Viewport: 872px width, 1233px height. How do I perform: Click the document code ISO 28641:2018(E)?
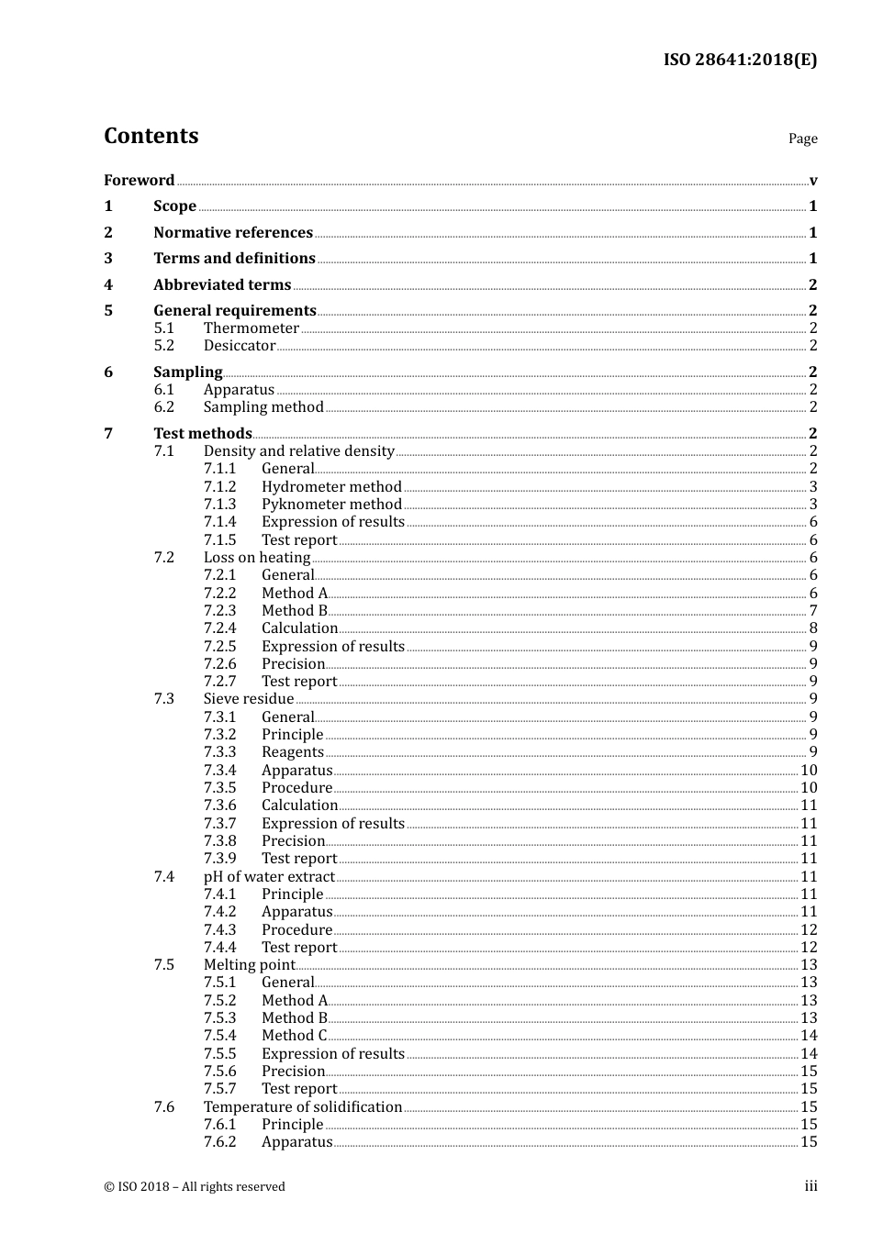coord(740,60)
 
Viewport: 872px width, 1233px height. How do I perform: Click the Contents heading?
coord(151,136)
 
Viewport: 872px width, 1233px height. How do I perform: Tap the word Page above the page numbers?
coord(802,139)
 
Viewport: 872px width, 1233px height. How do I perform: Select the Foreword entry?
coord(139,180)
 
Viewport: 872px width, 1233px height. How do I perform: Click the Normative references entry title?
coord(233,232)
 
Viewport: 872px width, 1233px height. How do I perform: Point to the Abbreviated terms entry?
coord(222,284)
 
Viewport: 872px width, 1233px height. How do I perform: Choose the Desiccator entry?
coord(240,345)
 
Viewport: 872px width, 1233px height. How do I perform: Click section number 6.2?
coord(164,406)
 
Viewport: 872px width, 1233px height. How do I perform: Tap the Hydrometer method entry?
coord(331,486)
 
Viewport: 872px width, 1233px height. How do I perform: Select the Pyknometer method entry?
coord(331,504)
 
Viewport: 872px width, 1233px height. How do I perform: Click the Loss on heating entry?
coord(257,557)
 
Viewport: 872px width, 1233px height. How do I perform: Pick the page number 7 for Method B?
coord(813,610)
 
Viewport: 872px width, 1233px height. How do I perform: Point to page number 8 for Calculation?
coord(813,628)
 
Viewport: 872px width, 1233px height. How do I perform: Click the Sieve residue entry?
coord(249,698)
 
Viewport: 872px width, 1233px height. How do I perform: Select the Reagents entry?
coord(293,751)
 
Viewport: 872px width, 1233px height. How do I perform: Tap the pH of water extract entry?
coord(269,876)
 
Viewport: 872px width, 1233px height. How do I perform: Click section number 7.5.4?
coord(220,1035)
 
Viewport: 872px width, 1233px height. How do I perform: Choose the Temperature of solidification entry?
coord(303,1106)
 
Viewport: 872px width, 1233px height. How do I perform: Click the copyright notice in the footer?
coord(195,1186)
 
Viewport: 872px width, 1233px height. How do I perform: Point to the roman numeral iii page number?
coord(811,1186)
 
